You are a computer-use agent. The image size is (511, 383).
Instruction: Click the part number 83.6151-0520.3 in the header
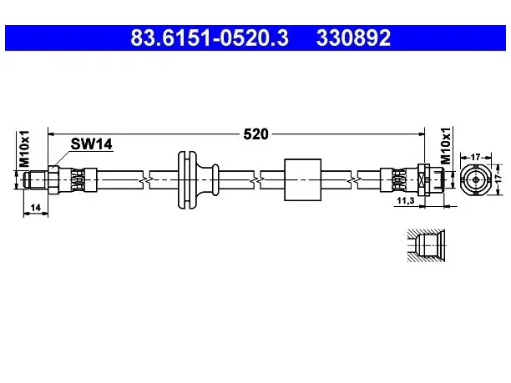coord(210,38)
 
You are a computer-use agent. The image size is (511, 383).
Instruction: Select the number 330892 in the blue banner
coord(353,38)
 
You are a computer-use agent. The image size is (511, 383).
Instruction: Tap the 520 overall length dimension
coord(255,134)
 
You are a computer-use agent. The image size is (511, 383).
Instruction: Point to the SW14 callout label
coord(92,144)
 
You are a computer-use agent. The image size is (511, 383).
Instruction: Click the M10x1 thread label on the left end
coord(24,149)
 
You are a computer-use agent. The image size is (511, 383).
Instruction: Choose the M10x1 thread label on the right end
coord(446,145)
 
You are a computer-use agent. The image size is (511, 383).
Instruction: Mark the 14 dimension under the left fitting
coord(36,208)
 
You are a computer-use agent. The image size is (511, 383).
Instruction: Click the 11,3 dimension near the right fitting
coord(406,200)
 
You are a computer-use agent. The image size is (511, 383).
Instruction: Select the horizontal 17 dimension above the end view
coord(475,158)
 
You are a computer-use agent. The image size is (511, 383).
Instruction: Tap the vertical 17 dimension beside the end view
coord(498,179)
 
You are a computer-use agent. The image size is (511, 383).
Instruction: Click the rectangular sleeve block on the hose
coord(303,179)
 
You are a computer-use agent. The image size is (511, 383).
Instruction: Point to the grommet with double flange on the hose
coord(198,179)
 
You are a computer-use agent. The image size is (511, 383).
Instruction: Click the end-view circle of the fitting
coord(475,179)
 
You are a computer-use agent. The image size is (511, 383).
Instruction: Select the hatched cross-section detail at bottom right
coord(426,245)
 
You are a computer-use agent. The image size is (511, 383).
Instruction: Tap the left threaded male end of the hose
coord(36,179)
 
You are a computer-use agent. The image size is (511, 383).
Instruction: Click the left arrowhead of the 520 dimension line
coord(51,134)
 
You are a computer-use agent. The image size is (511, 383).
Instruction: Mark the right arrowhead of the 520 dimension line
coord(422,134)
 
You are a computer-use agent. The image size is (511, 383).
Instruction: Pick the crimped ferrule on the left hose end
coord(78,179)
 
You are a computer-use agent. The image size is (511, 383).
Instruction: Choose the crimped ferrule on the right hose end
coord(400,179)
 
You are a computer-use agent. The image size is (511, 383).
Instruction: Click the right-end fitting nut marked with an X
coord(424,179)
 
